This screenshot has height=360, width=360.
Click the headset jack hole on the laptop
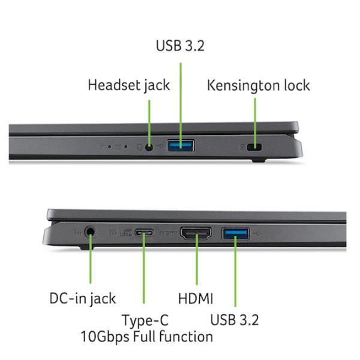click(149, 147)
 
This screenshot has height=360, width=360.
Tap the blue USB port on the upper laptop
click(181, 146)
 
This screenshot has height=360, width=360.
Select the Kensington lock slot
click(254, 147)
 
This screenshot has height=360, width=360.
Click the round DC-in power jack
click(90, 232)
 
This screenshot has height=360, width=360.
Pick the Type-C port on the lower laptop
click(144, 233)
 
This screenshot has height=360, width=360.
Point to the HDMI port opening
click(196, 233)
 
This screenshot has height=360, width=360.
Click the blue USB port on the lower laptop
click(235, 233)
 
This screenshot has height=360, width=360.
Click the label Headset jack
click(129, 85)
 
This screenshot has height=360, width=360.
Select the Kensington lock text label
click(259, 86)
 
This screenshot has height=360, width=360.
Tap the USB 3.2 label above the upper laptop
click(180, 46)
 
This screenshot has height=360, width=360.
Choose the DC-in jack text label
click(83, 299)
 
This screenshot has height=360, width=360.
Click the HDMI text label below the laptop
click(196, 299)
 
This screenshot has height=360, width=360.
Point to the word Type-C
click(145, 320)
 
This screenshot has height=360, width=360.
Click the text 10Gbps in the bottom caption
click(105, 337)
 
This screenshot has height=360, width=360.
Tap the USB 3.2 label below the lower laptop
click(235, 320)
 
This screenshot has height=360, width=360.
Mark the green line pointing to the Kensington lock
click(255, 122)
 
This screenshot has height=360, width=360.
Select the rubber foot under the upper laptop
click(258, 160)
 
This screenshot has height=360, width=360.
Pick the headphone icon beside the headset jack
click(140, 147)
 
